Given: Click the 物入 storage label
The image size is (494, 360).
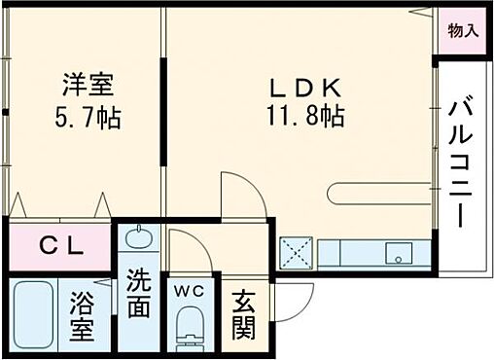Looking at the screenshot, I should click(462, 31).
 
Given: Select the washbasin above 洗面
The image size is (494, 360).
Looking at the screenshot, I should click(138, 238).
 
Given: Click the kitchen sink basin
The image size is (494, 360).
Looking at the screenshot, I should click(399, 254).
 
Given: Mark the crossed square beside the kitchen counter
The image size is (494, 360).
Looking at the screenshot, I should click(296, 254).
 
